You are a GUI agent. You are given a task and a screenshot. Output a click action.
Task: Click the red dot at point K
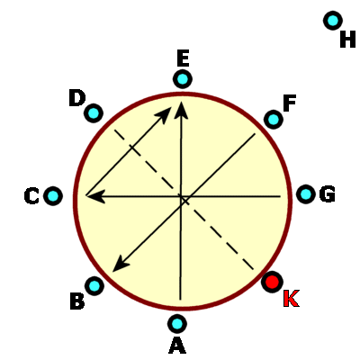tap(272, 282)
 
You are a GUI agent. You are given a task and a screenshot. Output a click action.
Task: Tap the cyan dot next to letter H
tap(333, 21)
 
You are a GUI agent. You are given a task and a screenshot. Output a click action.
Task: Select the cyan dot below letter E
tap(183, 79)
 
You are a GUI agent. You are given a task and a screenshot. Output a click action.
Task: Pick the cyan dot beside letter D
tap(94, 113)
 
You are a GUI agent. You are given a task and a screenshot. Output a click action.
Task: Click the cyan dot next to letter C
tap(53, 196)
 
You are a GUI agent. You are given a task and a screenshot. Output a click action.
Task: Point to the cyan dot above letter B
tap(94, 286)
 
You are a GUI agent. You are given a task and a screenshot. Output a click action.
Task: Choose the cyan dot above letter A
tap(177, 324)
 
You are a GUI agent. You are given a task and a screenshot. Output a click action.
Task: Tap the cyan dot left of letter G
tap(306, 194)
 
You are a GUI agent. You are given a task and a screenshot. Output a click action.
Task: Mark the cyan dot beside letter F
tap(274, 120)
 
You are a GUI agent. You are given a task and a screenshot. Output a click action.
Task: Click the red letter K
tap(291, 299)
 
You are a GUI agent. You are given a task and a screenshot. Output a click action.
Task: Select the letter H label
tap(347, 39)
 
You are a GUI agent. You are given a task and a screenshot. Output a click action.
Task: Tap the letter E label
tap(183, 58)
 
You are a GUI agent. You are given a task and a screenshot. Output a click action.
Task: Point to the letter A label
tap(177, 346)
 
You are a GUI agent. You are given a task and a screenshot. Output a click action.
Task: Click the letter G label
tap(328, 194)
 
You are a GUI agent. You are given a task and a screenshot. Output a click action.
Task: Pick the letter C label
tap(31, 196)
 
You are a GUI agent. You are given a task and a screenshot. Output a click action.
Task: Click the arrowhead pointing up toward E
tap(181, 110)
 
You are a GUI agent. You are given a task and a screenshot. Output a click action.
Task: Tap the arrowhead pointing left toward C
tap(95, 196)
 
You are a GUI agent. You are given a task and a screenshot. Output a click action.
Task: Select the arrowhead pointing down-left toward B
tap(121, 264)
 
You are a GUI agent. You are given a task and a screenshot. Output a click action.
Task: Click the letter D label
tap(77, 98)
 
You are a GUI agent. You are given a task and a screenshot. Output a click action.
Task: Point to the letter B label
tap(77, 301)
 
